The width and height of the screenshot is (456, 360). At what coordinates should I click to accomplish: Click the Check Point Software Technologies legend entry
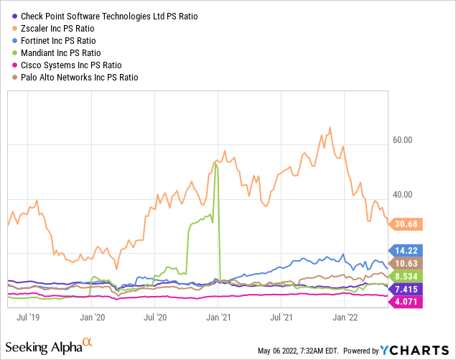tap(107, 16)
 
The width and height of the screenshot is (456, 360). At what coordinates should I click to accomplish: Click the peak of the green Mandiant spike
tap(215, 162)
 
